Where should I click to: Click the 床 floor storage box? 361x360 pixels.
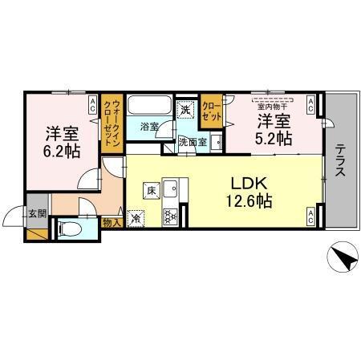coord(151,191)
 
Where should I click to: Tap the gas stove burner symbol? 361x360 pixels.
coord(170,215)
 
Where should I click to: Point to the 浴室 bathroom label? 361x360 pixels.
coord(149,127)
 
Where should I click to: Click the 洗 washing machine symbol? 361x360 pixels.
coord(186,110)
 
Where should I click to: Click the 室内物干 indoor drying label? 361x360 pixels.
coord(274,103)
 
